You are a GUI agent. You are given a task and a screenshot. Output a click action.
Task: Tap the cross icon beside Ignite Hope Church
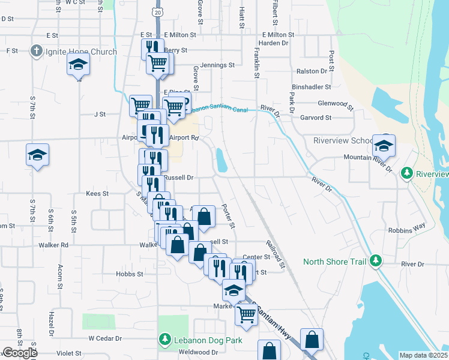tap(37, 52)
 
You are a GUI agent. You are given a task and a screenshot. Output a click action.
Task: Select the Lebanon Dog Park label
tap(199, 340)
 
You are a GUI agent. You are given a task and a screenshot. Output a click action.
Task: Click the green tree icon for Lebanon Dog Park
tap(165, 340)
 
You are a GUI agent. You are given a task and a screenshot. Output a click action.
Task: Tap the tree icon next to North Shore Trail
tap(376, 261)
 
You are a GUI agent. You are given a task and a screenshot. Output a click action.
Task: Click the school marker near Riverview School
tap(384, 146)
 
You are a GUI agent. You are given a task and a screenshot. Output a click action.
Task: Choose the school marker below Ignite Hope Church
tap(78, 64)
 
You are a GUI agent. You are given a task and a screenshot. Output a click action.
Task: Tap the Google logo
tap(19, 353)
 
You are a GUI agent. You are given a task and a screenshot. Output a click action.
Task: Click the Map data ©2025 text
tap(423, 355)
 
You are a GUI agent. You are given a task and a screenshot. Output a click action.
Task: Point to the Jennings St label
tap(218, 65)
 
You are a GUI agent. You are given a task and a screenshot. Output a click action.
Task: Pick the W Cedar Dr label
tap(105, 338)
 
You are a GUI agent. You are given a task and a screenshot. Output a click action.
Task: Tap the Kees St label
tap(97, 194)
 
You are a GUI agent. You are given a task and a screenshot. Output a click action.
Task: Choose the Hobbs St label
tap(130, 274)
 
